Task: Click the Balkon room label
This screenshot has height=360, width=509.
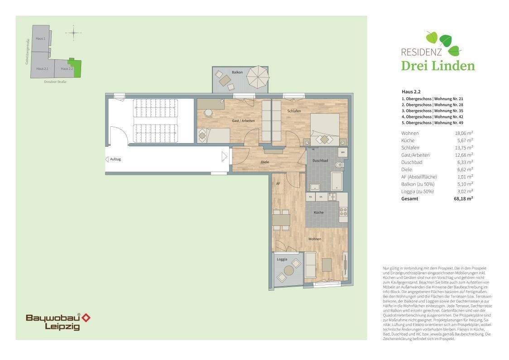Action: click(237, 72)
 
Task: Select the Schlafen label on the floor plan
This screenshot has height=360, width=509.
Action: click(294, 111)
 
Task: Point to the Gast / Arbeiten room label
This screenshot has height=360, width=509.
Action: click(243, 121)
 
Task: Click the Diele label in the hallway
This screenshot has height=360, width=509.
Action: click(265, 162)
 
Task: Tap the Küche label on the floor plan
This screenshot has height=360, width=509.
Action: click(319, 212)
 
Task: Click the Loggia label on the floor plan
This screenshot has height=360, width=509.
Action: click(283, 260)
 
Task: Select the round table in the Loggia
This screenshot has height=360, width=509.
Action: click(288, 270)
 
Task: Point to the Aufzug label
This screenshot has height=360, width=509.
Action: click(115, 159)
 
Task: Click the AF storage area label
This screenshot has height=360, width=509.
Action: click(279, 183)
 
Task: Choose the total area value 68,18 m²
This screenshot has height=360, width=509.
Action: click(464, 198)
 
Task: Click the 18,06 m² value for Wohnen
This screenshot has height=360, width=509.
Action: click(464, 133)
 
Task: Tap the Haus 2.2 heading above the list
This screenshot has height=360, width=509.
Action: click(411, 91)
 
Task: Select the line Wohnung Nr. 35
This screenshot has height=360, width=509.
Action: click(432, 110)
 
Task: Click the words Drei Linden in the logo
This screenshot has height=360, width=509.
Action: click(438, 66)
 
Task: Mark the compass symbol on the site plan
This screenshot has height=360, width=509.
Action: click(73, 33)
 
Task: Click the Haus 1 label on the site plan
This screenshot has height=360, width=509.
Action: click(40, 39)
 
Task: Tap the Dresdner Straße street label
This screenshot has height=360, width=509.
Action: click(55, 82)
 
